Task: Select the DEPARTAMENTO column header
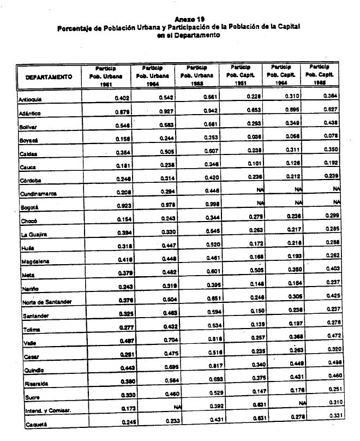click(50, 77)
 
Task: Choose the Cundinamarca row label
click(38, 194)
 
